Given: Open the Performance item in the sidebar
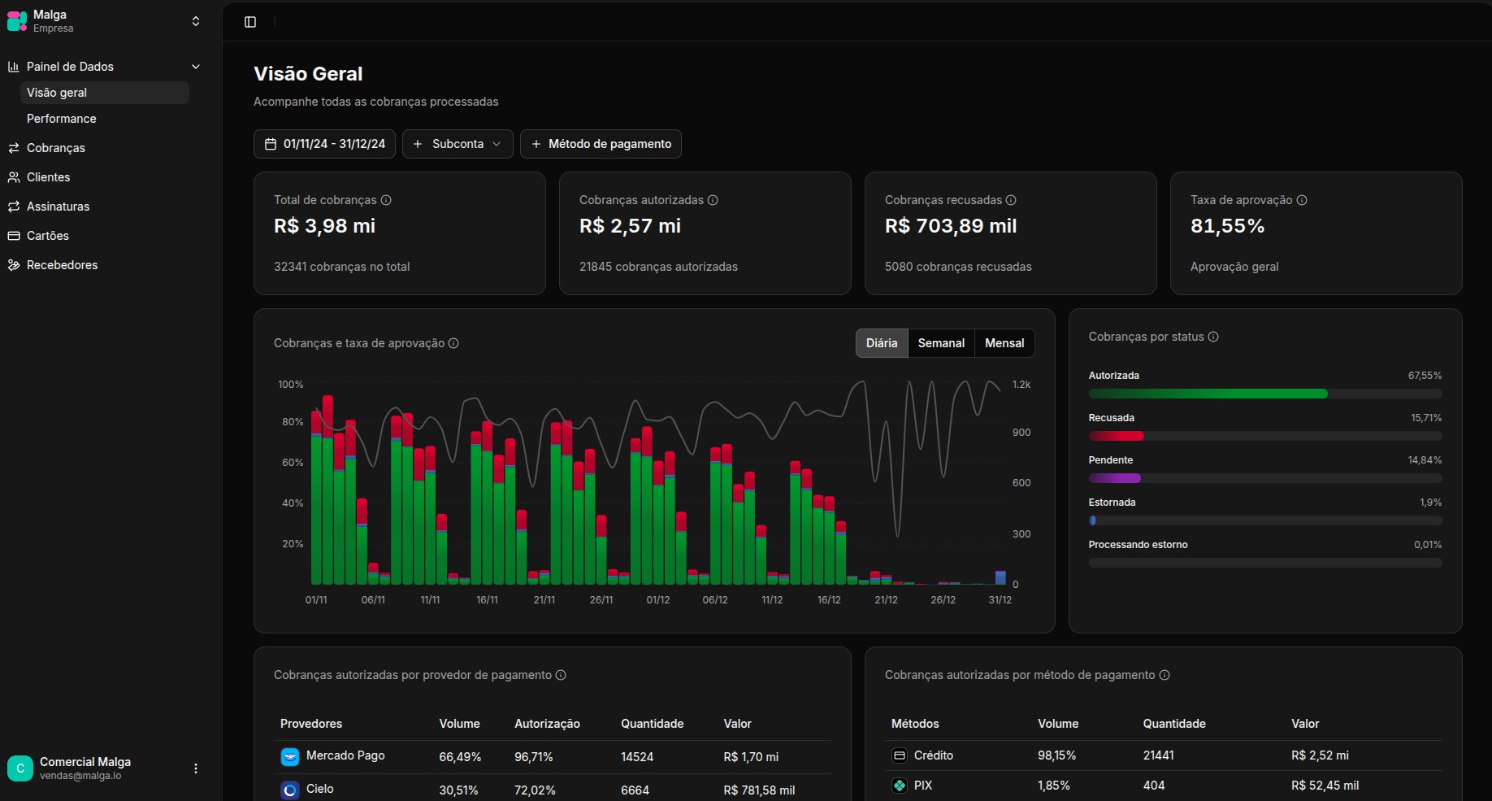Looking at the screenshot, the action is pyautogui.click(x=61, y=119).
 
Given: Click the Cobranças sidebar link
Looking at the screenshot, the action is pyautogui.click(x=55, y=148).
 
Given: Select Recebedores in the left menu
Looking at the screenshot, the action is pyautogui.click(x=62, y=265).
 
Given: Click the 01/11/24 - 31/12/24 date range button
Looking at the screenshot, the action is pyautogui.click(x=324, y=144).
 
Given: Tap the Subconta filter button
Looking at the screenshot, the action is pyautogui.click(x=458, y=144).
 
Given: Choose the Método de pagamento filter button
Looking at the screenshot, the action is pyautogui.click(x=601, y=144).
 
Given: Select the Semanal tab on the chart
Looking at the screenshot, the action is pyautogui.click(x=941, y=343).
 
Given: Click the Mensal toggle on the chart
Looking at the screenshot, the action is pyautogui.click(x=1004, y=343).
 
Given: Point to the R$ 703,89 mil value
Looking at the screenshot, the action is pyautogui.click(x=951, y=226).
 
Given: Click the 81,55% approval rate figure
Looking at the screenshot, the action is pyautogui.click(x=1227, y=226).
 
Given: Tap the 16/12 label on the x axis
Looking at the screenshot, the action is pyautogui.click(x=829, y=600).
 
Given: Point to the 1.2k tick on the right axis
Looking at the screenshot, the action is pyautogui.click(x=1021, y=385).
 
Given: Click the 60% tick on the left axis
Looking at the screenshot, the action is pyautogui.click(x=293, y=463).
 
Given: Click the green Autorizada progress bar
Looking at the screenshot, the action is pyautogui.click(x=1208, y=394).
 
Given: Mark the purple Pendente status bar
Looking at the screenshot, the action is pyautogui.click(x=1115, y=478).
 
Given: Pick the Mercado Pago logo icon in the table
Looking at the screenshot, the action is pyautogui.click(x=290, y=756).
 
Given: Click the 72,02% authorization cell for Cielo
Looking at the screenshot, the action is pyautogui.click(x=535, y=790).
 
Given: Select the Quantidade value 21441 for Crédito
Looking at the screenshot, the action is pyautogui.click(x=1158, y=755).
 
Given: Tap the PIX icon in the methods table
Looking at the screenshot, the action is pyautogui.click(x=900, y=786).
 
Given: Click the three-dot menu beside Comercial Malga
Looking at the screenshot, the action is pyautogui.click(x=196, y=768).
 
